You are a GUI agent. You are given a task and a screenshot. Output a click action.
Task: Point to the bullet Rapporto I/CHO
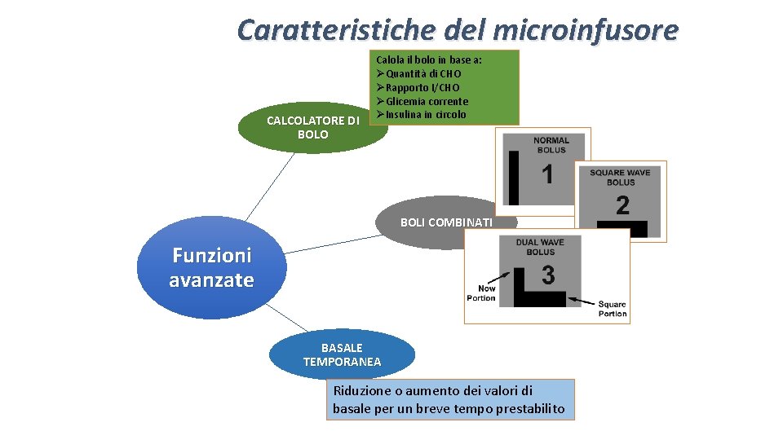pos(422,87)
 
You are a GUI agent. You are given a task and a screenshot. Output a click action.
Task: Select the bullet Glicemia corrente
pos(427,101)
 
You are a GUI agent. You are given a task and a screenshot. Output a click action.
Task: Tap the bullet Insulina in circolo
pos(426,114)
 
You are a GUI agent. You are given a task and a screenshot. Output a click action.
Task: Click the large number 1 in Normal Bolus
pos(546,174)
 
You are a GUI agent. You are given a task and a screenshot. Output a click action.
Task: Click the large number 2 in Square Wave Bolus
pos(622,205)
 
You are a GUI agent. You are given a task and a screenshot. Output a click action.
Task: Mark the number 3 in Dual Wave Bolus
pos(548,276)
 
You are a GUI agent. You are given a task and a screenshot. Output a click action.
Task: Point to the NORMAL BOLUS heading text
pos(551,145)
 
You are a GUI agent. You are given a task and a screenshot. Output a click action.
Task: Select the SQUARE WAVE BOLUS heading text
pos(621,177)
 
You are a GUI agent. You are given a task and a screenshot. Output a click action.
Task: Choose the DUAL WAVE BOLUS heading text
pos(540,247)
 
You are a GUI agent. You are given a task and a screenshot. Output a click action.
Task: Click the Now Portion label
pos(481,293)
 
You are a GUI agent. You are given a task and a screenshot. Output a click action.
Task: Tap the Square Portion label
pos(613,309)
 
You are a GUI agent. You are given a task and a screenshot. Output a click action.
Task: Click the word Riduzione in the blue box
pos(361,390)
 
